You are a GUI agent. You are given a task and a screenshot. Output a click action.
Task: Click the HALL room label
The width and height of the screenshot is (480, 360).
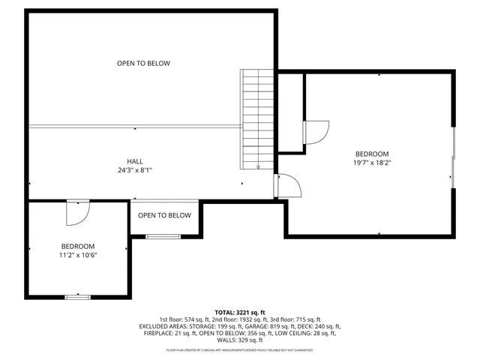pos(135,161)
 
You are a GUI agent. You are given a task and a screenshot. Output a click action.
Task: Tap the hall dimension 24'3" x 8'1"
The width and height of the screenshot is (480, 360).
pos(135,170)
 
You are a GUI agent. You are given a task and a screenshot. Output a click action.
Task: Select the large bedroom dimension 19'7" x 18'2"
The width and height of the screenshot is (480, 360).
pos(372,162)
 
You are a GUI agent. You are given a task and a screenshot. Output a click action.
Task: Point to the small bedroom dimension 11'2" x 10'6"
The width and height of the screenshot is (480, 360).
pos(78,255)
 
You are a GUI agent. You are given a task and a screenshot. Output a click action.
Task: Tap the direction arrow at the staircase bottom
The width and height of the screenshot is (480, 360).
pos(258,166)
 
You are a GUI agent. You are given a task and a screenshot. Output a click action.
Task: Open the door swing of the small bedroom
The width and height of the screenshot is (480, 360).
pos(76,212)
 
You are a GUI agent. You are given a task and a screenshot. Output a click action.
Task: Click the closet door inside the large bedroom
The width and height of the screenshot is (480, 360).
pos(315,133)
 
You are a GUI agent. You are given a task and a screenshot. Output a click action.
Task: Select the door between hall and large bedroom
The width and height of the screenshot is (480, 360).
pos(287,186)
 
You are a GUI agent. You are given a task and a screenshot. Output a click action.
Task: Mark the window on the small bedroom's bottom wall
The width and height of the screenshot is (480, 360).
pos(77,297)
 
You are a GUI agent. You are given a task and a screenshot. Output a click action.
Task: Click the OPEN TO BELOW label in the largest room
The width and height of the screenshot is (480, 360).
pos(143,64)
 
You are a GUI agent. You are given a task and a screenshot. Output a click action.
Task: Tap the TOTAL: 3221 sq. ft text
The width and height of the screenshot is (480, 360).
pos(240,312)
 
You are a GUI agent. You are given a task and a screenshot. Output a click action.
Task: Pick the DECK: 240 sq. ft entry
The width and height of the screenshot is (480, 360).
pos(322,327)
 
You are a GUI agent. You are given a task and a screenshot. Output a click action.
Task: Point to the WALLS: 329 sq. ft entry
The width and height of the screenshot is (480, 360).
pos(240,341)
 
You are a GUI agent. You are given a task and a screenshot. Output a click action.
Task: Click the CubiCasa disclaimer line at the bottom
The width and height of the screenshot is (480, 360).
pos(240,350)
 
